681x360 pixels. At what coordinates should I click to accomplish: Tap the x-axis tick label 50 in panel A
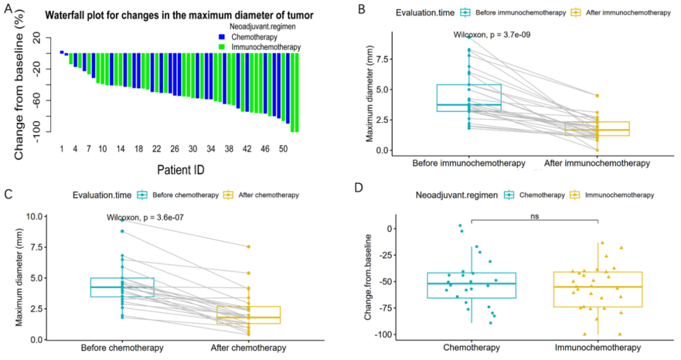point(283,149)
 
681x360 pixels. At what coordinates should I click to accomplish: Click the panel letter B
point(361,9)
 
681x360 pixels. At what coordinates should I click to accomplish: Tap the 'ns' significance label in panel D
point(535,216)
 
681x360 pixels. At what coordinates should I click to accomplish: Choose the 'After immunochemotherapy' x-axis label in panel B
point(597,163)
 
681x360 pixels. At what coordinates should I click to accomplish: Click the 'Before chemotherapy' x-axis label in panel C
point(122,347)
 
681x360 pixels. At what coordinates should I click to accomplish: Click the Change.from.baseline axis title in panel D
point(370,277)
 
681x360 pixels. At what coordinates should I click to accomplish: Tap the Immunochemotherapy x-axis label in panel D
point(598,347)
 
